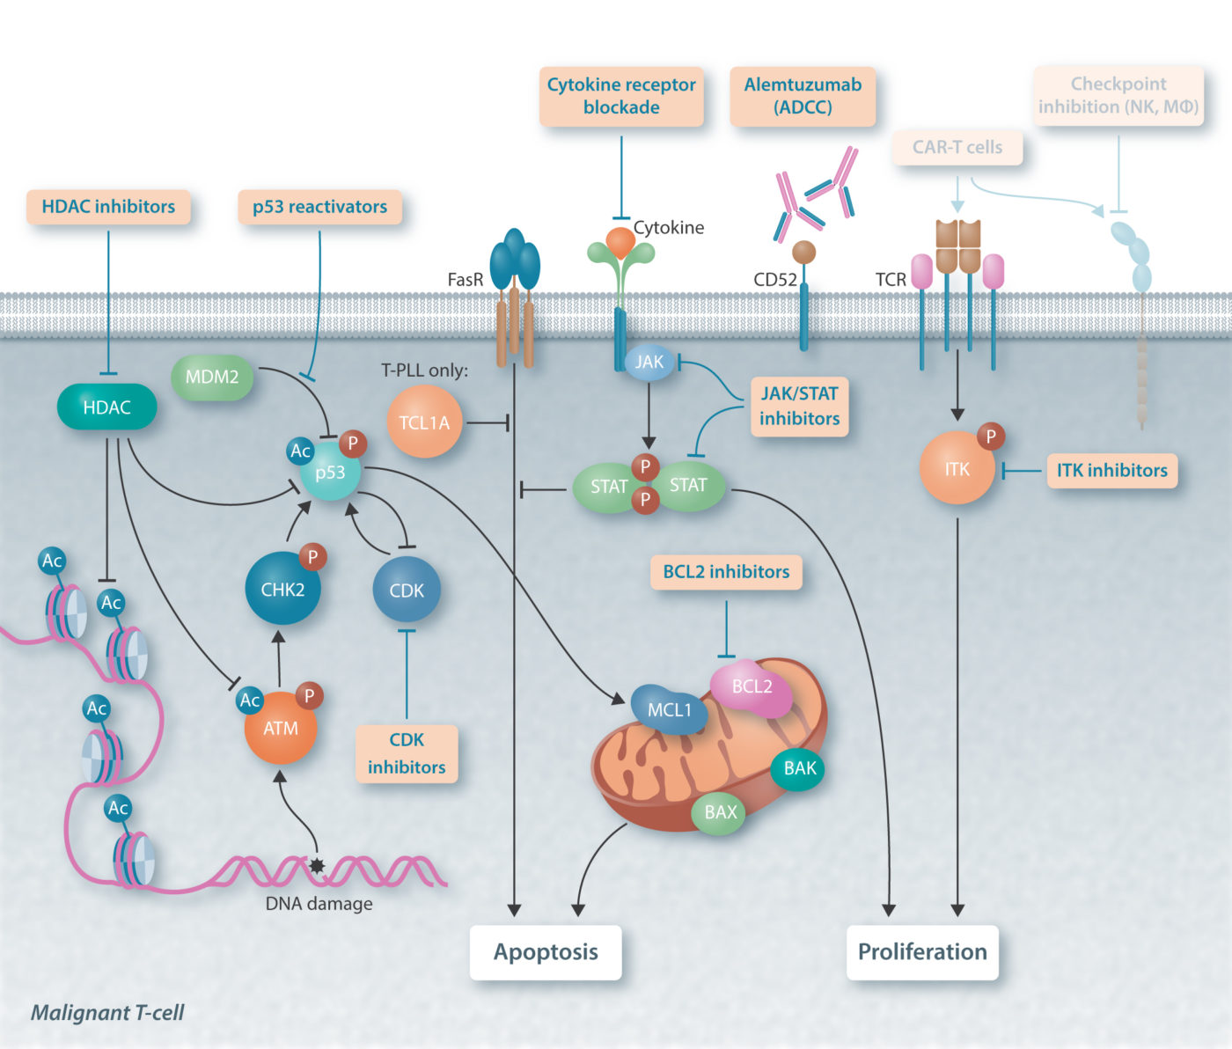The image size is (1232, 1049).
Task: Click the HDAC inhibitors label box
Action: (x=108, y=207)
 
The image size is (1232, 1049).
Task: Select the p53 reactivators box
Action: (x=319, y=207)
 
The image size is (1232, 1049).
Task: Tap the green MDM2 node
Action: (x=212, y=377)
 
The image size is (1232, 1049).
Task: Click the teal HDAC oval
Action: (x=106, y=407)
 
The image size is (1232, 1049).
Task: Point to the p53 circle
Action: (x=330, y=473)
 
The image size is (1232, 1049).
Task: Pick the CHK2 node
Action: (x=282, y=590)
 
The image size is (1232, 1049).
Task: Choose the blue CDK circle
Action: (x=407, y=591)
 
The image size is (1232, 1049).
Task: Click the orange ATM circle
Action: (x=280, y=728)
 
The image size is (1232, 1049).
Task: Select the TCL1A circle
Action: (x=424, y=422)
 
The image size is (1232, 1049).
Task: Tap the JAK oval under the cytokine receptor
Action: (x=649, y=362)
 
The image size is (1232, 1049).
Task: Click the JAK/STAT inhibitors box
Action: (x=799, y=406)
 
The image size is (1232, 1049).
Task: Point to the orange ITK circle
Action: (x=957, y=469)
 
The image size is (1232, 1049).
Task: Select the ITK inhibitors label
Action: (x=1111, y=471)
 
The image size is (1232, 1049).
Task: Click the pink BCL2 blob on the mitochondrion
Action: (x=752, y=686)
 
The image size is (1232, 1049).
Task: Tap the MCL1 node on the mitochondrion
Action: (x=670, y=709)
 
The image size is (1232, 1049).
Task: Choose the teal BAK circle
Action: (x=799, y=767)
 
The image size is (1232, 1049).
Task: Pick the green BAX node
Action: (x=720, y=811)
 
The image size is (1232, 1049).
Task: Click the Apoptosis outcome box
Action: (x=546, y=951)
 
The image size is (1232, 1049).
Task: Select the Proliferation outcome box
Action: (x=922, y=951)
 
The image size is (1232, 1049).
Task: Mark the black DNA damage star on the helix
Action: (x=317, y=867)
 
